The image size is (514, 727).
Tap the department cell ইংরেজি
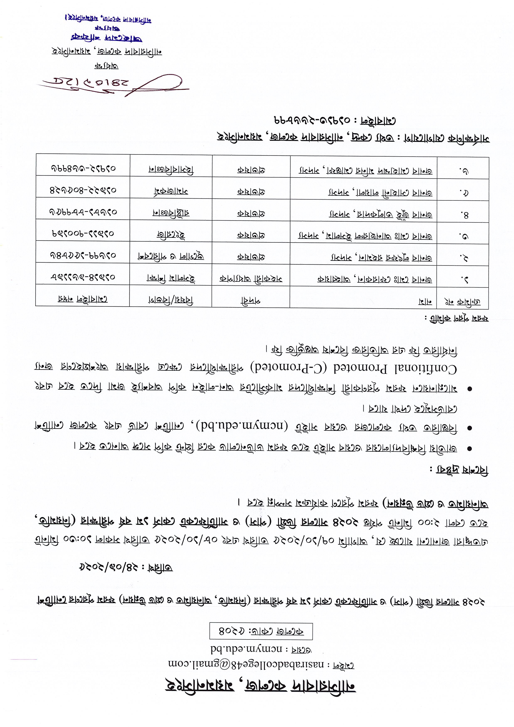pos(171,235)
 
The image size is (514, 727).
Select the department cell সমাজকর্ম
pos(171,191)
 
